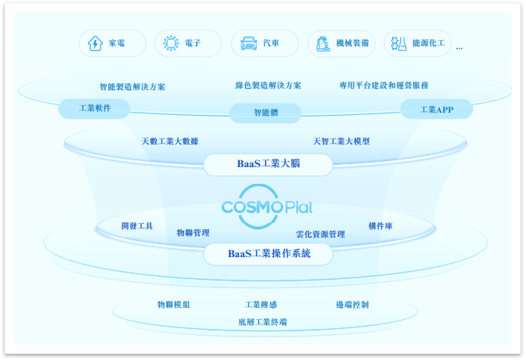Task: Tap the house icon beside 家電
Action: click(95, 44)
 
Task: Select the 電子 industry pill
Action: click(188, 44)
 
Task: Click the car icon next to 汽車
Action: click(247, 44)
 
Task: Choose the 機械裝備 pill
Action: click(341, 44)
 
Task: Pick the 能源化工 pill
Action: click(418, 44)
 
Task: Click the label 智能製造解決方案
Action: click(132, 87)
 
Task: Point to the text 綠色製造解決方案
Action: click(268, 85)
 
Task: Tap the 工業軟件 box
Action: click(95, 109)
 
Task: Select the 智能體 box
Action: click(265, 113)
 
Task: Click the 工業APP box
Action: click(436, 110)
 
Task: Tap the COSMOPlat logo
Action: click(266, 206)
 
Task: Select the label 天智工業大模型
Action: click(341, 141)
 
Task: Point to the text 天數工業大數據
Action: click(170, 141)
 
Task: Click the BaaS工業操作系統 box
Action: click(268, 254)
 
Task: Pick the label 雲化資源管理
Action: click(320, 234)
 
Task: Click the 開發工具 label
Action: click(137, 226)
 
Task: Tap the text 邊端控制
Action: click(353, 305)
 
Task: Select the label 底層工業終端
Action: click(262, 322)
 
